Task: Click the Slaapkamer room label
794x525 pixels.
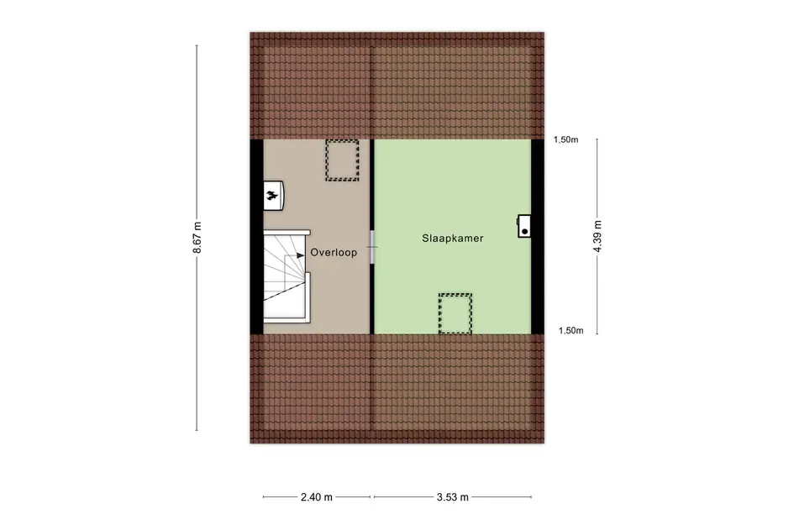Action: [452, 239]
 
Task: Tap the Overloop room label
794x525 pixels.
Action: [333, 252]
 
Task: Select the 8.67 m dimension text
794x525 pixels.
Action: [198, 238]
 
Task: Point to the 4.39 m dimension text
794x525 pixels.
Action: [597, 237]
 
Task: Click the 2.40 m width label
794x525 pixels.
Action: [317, 497]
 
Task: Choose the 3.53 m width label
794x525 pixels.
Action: [453, 497]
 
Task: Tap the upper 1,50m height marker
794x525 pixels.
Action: [566, 140]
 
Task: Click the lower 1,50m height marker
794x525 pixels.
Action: [571, 331]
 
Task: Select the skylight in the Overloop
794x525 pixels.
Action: [342, 160]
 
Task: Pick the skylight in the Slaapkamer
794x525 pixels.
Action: [455, 313]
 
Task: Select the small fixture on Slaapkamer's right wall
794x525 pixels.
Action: [524, 224]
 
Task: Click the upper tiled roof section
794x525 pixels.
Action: [397, 86]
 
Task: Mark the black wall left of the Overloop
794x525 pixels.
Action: [256, 236]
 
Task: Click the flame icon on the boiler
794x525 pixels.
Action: [272, 197]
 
